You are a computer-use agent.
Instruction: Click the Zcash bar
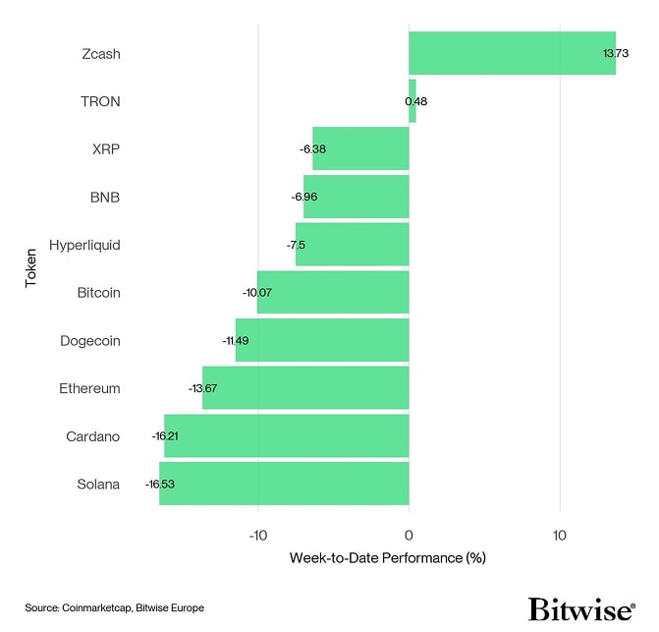point(512,53)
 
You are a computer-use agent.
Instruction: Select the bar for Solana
point(284,484)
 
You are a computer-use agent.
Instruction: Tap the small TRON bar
point(412,101)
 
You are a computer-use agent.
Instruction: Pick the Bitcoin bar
point(333,292)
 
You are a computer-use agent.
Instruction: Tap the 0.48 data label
point(416,101)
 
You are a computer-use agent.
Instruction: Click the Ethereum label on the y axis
point(89,388)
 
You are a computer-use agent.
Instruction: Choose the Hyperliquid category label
point(84,245)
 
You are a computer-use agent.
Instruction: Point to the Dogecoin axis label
point(89,340)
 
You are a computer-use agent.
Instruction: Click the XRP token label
point(105,149)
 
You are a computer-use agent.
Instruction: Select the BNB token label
point(105,197)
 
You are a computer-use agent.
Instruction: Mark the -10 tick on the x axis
point(257,535)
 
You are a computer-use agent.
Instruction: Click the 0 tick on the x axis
point(409,535)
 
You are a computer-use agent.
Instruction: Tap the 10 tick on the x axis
point(560,535)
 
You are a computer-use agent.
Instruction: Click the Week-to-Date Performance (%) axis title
point(388,558)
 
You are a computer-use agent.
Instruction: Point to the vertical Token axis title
point(30,268)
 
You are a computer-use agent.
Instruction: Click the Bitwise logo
point(581,608)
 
